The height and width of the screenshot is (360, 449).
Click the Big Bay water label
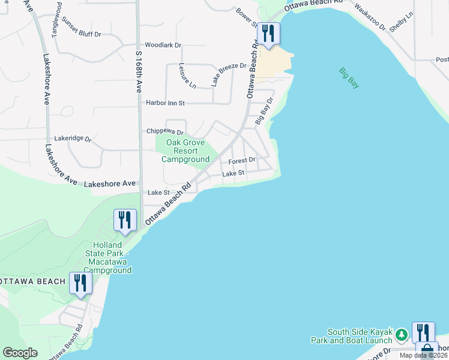point(349,78)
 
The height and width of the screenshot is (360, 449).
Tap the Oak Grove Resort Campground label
point(185,151)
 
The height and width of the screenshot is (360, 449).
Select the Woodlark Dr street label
point(163,46)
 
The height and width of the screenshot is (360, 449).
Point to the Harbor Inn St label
point(165,103)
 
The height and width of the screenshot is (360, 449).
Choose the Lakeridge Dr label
point(73,139)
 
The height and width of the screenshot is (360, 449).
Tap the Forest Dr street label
point(242,160)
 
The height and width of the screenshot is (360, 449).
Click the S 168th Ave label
point(139,71)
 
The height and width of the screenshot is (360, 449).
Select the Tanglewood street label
point(58,20)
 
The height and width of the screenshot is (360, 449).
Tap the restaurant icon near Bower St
point(268,34)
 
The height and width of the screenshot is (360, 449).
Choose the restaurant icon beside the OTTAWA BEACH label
point(80,283)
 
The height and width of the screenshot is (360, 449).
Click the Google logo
point(20,353)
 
